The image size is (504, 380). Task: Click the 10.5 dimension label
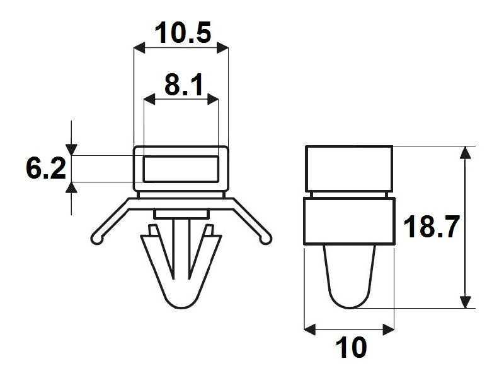coord(183,33)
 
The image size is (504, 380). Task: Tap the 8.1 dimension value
coord(184,85)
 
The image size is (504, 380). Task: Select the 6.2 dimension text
coord(46,168)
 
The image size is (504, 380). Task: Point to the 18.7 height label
coord(431,227)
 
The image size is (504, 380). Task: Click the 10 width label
coord(351,347)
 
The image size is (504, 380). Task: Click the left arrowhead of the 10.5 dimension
coord(139,49)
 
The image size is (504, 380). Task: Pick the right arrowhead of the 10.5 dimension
coord(222,49)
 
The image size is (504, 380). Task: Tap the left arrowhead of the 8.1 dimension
coord(149,100)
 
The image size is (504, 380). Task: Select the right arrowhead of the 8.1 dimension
coord(213,100)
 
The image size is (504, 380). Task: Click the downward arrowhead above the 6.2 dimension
coord(71,150)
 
